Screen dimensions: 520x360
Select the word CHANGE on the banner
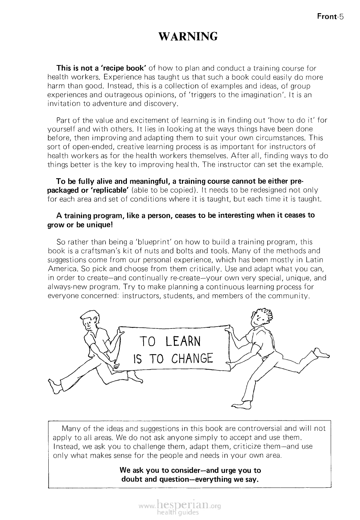pyautogui.click(x=192, y=359)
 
